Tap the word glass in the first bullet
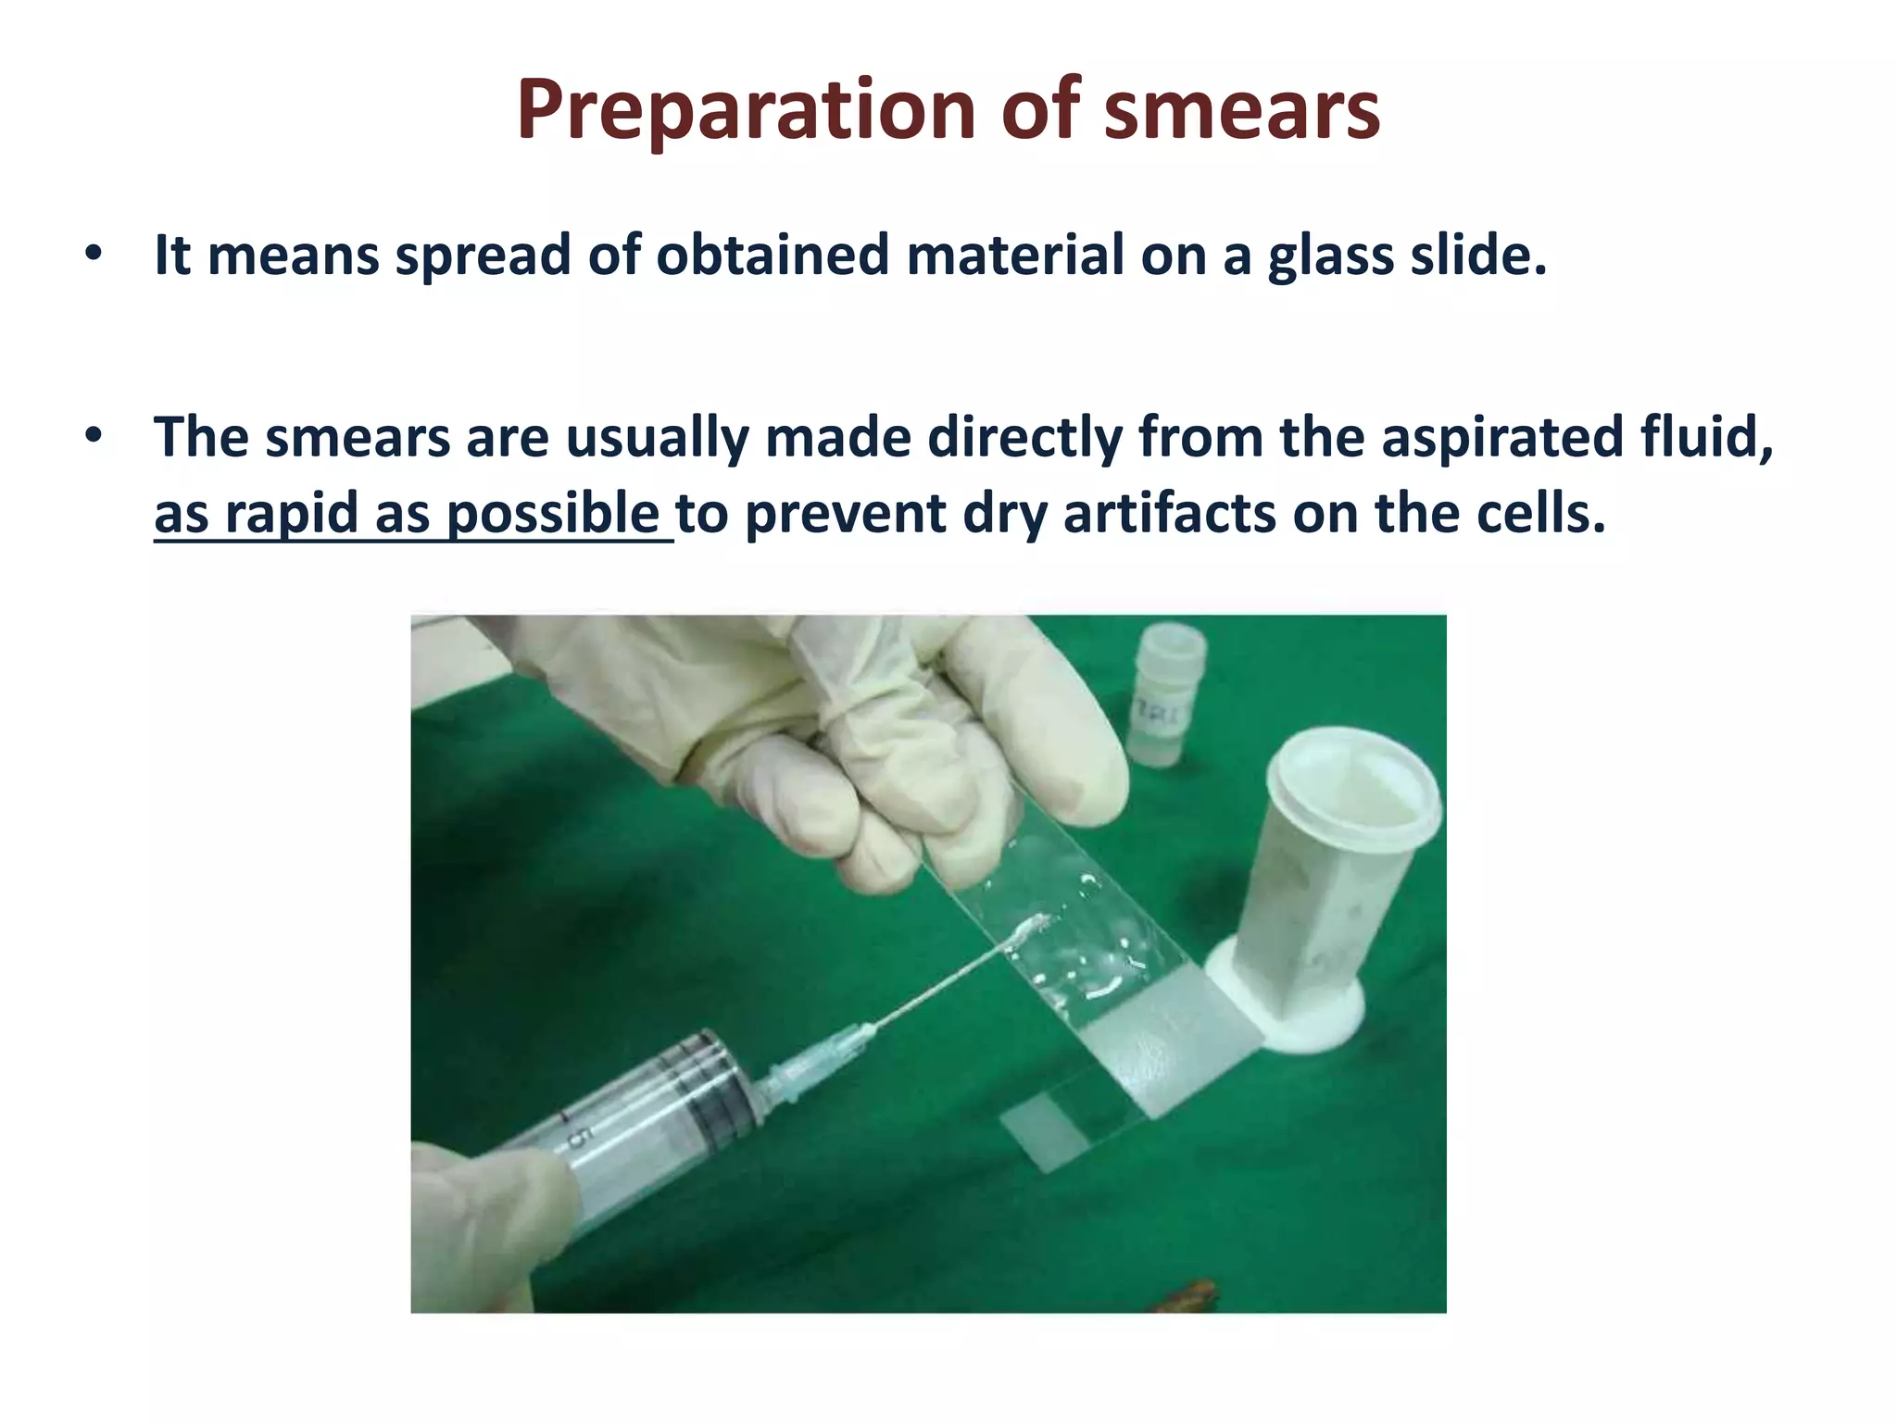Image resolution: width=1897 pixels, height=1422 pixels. [1330, 256]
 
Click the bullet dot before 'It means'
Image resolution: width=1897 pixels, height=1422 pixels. [93, 254]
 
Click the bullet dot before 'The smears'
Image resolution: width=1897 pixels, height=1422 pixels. [93, 435]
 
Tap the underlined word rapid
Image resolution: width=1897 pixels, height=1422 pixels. [292, 514]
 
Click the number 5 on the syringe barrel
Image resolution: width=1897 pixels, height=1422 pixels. [576, 1138]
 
